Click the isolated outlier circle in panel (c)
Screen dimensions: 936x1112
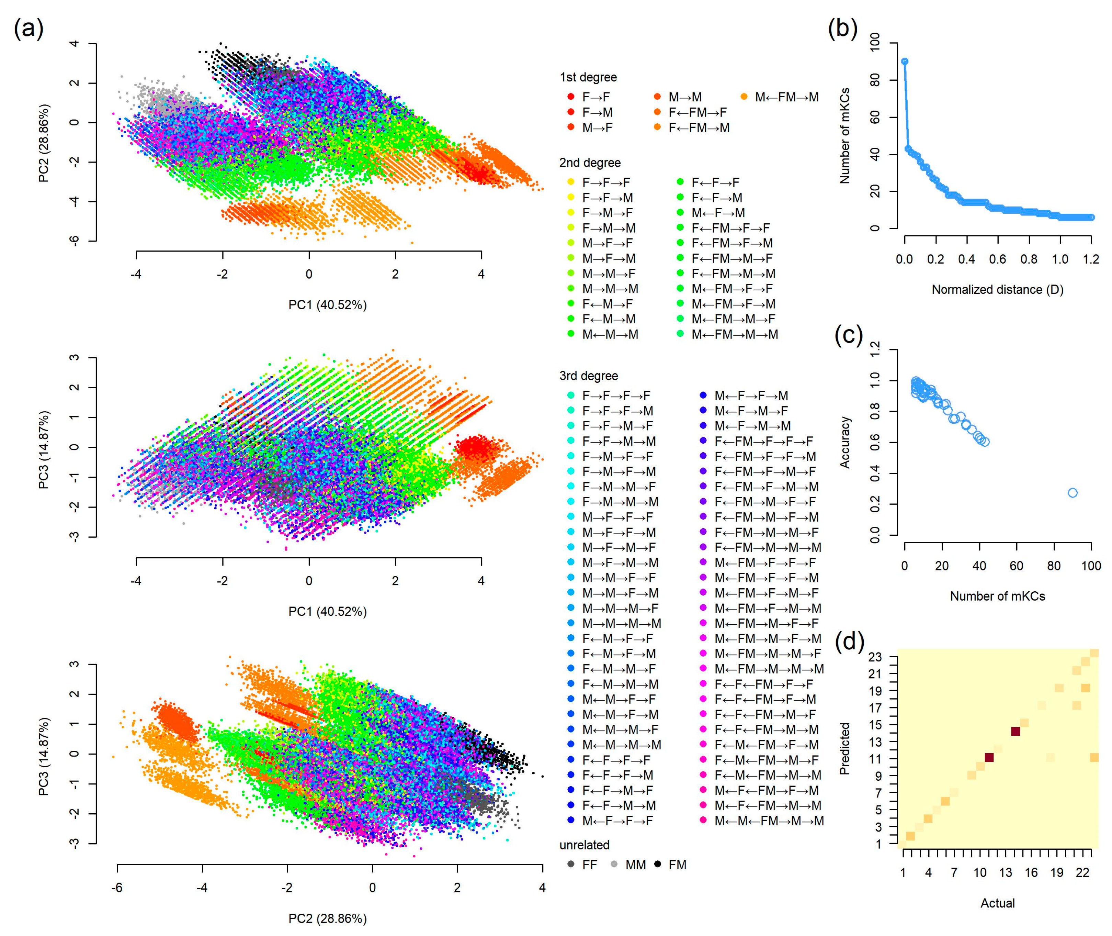coord(1072,493)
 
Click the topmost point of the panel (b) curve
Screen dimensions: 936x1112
coord(905,62)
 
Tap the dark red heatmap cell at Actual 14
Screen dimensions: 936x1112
coord(1015,731)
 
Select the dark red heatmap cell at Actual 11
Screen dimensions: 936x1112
coord(989,758)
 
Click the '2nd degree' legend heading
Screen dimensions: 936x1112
coord(590,163)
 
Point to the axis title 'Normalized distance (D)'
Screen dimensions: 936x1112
coord(997,290)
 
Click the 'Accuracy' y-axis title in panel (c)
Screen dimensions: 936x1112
coord(845,442)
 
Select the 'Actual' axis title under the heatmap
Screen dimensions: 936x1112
coord(997,903)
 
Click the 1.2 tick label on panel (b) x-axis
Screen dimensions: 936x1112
coord(1091,259)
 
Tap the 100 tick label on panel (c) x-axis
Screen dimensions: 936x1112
coord(1091,566)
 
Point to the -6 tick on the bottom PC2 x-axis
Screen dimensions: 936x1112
coord(117,888)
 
